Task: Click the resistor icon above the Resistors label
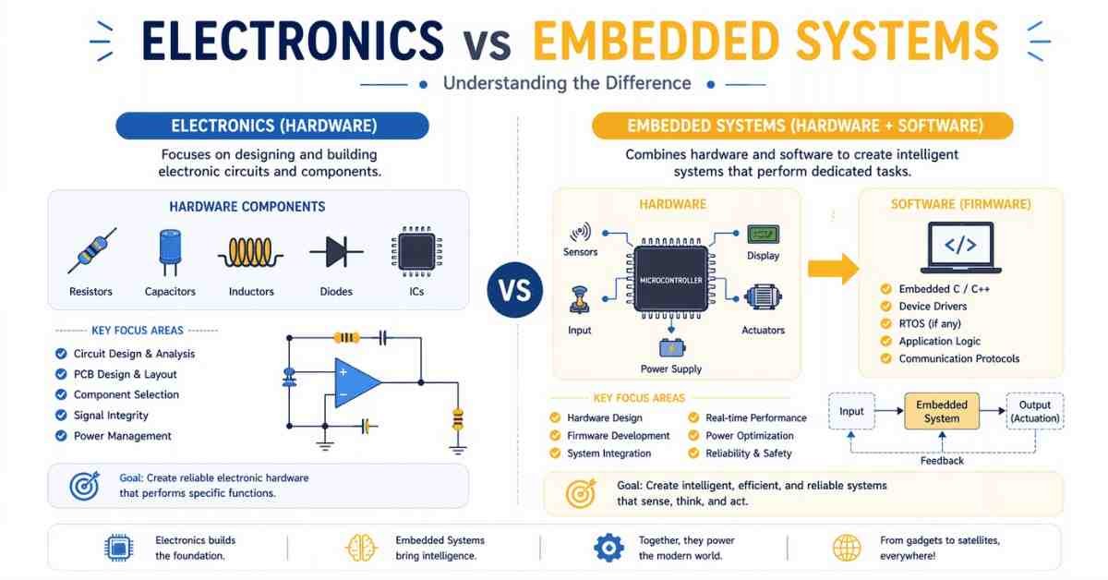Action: click(x=92, y=250)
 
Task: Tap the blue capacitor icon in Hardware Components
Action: click(x=170, y=252)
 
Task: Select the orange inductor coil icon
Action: click(x=251, y=252)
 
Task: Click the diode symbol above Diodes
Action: click(x=336, y=251)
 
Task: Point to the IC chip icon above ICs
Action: click(x=416, y=251)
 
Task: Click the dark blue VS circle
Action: click(x=514, y=290)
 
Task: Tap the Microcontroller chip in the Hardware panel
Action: click(x=670, y=280)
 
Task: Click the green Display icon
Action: click(x=764, y=234)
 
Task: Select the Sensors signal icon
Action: click(x=580, y=232)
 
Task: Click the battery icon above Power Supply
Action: click(x=672, y=347)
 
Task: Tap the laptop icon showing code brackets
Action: click(x=960, y=248)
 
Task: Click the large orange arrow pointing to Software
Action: click(x=834, y=269)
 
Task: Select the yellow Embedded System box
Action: click(x=942, y=411)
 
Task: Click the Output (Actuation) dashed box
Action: click(x=1035, y=411)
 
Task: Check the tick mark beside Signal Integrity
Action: click(x=61, y=415)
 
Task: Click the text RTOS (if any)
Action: click(x=930, y=323)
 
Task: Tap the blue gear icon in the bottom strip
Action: click(x=608, y=548)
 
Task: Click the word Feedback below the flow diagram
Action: click(x=942, y=461)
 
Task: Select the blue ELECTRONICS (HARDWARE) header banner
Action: click(x=272, y=126)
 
